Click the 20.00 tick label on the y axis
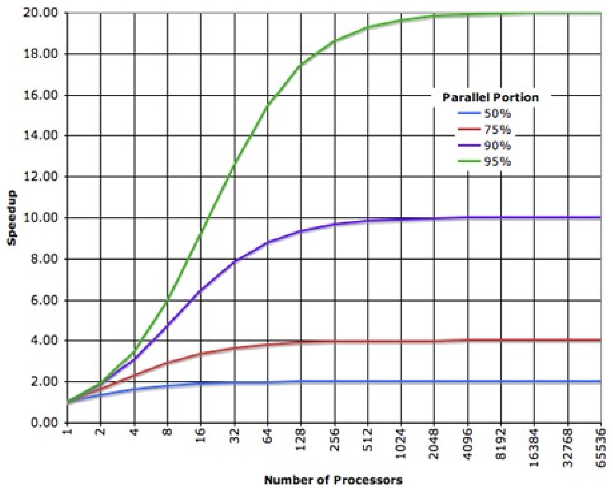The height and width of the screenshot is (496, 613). (x=41, y=13)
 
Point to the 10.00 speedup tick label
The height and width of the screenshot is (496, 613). (x=41, y=217)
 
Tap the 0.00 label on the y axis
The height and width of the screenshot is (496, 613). (x=44, y=423)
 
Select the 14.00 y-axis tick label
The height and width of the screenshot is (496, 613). (x=41, y=136)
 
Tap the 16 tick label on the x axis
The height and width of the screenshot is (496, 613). (x=201, y=437)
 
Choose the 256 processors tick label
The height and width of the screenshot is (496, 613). (x=334, y=441)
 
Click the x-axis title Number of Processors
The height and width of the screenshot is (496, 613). (x=333, y=480)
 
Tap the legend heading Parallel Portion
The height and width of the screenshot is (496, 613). (x=490, y=97)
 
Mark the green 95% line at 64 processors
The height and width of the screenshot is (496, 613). (x=268, y=105)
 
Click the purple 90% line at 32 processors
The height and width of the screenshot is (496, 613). (x=235, y=261)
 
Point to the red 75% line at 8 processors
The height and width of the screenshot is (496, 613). (x=168, y=363)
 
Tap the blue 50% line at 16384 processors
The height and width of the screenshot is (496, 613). (x=534, y=381)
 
